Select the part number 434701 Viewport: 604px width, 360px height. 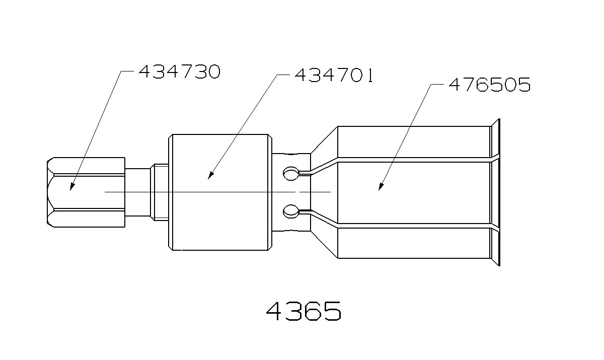(333, 76)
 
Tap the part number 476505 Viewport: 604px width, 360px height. (489, 85)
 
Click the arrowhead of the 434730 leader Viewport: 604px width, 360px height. (71, 187)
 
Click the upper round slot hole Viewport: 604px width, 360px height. (290, 174)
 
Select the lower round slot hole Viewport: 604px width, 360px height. (290, 210)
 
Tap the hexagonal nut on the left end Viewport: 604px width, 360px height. (86, 192)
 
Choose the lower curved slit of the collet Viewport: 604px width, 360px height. (322, 218)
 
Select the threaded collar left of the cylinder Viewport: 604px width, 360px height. (159, 192)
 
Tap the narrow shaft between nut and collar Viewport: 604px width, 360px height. (137, 192)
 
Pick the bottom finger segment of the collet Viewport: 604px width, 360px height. (413, 244)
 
